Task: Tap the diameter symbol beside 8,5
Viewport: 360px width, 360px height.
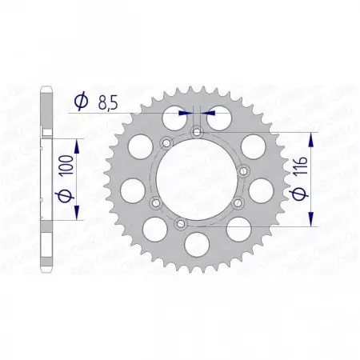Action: tap(80, 102)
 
